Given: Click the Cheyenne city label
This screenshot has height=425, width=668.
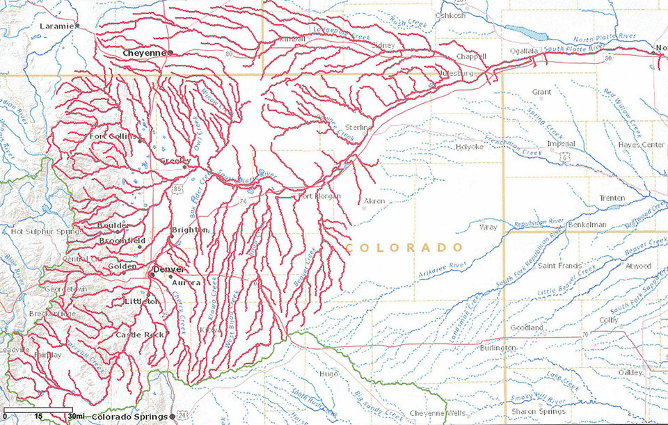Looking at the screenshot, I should pos(145,52).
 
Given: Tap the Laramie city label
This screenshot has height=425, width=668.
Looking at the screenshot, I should pos(58,26).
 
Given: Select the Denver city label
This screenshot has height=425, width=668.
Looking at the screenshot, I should pos(169,269).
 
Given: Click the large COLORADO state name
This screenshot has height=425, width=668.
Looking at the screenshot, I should pos(404,248).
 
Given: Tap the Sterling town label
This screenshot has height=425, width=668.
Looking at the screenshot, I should pos(359,127).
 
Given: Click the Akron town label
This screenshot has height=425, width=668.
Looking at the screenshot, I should pos(374,201).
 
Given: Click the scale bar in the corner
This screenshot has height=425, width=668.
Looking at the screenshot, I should pos(38,410).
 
